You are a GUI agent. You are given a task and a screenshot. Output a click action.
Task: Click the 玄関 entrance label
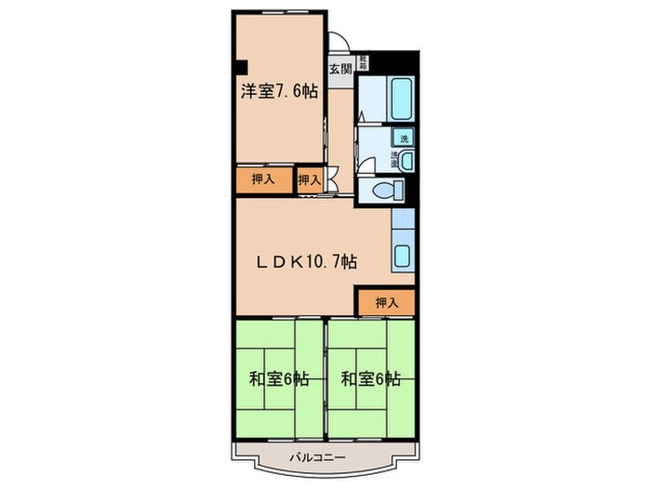[339, 68]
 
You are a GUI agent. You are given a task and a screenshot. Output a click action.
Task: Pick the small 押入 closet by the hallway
[310, 179]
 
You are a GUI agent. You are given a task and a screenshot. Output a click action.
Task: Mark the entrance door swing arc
[339, 44]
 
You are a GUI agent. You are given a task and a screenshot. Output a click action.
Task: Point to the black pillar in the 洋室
[241, 67]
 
